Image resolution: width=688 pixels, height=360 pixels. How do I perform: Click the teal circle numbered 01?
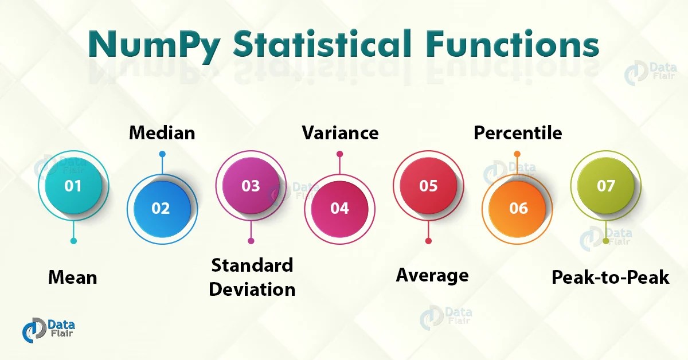pos(73,186)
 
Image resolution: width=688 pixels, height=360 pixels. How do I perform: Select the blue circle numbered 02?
pos(161,208)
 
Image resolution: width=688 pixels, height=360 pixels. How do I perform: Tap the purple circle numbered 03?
pos(251,186)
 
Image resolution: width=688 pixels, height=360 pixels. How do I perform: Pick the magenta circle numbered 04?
pos(339,208)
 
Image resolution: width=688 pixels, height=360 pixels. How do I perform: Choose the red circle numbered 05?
pos(428,186)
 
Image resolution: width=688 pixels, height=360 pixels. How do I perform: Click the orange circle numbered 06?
pos(518,208)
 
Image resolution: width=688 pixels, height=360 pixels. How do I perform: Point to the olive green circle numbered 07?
pos(605,186)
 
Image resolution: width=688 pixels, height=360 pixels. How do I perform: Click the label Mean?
pos(72,278)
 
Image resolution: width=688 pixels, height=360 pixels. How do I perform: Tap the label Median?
pos(162,133)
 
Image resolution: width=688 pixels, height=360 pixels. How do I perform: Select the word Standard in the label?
pos(252,265)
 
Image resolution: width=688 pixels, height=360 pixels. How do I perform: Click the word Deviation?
pos(252,289)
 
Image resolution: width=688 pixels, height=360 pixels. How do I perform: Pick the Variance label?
pos(340,133)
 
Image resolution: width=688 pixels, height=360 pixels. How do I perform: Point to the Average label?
pos(432,276)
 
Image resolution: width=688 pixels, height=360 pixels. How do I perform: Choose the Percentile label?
pos(517,133)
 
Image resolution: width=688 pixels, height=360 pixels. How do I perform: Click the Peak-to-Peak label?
pos(610,278)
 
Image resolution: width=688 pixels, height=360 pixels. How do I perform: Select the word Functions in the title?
pos(505,45)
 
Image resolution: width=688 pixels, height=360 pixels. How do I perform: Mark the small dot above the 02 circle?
pos(162,154)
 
